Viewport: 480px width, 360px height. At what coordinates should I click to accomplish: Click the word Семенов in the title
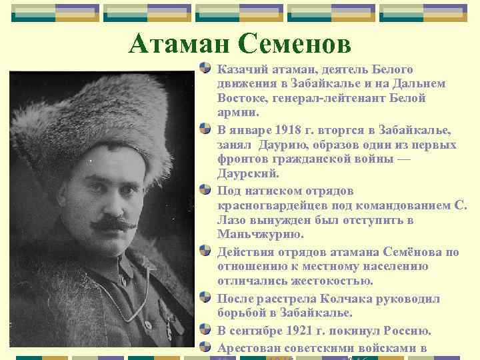(293, 44)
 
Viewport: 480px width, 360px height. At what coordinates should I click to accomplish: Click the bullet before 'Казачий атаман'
(208, 69)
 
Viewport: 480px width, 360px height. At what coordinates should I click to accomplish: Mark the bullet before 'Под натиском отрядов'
(208, 191)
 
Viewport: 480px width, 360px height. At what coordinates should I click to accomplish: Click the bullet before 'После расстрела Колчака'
(208, 299)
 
